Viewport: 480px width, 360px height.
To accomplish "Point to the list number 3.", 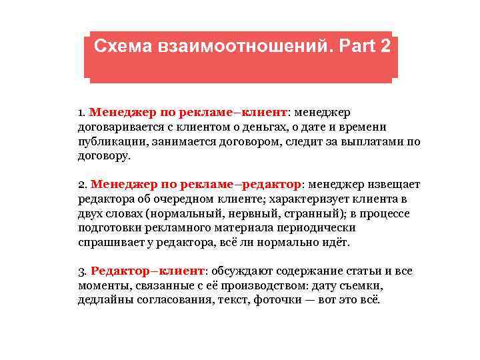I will pos(81,272).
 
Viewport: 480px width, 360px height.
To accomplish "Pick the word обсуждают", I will pos(239,272).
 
